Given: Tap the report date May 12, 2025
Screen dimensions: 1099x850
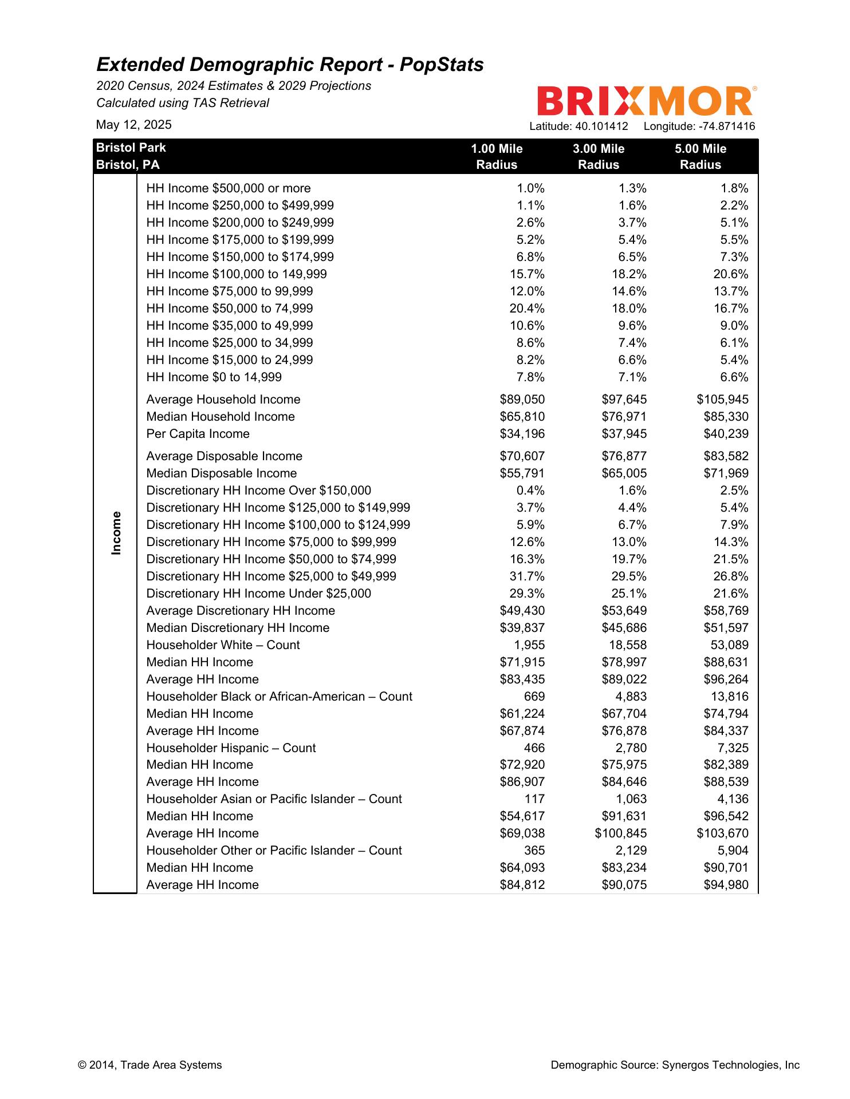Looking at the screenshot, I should [133, 125].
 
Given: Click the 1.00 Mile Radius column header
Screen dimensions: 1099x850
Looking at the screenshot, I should [497, 157].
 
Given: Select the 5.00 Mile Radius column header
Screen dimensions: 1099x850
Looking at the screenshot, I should [700, 157].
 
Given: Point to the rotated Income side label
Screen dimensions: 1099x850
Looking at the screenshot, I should [116, 533].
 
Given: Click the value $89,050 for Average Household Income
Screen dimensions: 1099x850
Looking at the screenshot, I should [522, 400].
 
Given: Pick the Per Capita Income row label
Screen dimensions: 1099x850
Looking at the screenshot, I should [198, 434].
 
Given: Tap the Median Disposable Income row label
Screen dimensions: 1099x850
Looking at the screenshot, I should [221, 473].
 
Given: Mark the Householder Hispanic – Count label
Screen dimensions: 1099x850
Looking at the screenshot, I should [231, 748].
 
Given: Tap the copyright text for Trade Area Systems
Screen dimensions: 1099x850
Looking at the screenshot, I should [149, 1065].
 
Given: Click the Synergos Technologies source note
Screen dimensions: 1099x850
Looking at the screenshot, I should [675, 1065].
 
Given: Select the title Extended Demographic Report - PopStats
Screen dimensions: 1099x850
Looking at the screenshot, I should [290, 65].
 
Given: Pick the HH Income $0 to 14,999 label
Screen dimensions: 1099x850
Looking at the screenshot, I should [214, 377].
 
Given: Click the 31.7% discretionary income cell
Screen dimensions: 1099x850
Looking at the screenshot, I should [527, 576].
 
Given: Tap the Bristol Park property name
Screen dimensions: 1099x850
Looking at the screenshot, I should [131, 148].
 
